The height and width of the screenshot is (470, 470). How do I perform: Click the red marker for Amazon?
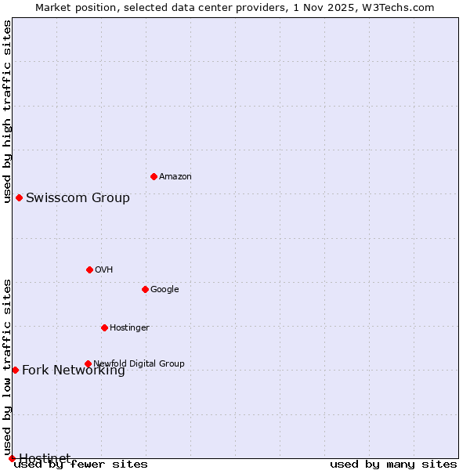(154, 176)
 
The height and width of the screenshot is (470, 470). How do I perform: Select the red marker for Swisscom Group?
(19, 197)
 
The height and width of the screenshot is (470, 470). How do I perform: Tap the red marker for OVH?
(89, 269)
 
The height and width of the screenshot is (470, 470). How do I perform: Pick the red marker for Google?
(145, 289)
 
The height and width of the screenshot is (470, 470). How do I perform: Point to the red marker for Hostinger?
(104, 327)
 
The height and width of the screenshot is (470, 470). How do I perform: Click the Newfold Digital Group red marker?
(88, 363)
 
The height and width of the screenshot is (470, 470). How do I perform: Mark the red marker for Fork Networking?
(15, 370)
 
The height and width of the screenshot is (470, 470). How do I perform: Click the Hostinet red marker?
(12, 458)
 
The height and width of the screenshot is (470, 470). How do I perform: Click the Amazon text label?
(175, 177)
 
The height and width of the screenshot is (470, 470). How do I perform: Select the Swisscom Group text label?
(78, 197)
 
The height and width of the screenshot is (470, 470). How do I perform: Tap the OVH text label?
(104, 270)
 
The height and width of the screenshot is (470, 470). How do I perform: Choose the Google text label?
(164, 290)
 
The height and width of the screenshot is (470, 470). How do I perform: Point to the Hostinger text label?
(129, 328)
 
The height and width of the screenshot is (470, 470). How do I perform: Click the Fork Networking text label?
(73, 371)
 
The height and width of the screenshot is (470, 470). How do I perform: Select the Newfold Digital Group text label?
(139, 363)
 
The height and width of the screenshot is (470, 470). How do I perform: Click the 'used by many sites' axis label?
(393, 465)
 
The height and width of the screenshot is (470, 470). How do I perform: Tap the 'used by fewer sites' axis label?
(81, 465)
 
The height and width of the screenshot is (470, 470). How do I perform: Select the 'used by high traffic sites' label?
(7, 111)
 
